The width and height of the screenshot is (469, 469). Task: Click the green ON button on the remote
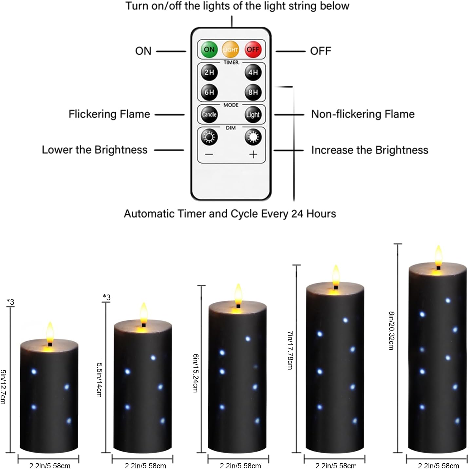(209, 49)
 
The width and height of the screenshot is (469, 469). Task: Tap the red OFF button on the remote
(253, 49)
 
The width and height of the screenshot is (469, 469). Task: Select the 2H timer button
(209, 72)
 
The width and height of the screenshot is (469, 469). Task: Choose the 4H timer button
(253, 72)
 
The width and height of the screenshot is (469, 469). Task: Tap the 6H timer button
(209, 92)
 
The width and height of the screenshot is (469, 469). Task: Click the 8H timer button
(253, 92)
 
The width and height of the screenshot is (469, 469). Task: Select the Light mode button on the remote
(253, 115)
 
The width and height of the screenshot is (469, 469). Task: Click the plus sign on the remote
(253, 154)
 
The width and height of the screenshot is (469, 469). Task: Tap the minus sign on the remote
(209, 154)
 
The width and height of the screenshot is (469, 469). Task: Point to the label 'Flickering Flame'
(109, 114)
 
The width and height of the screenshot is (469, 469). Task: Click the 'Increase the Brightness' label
(369, 150)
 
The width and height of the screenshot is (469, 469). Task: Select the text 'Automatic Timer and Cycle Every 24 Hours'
(230, 214)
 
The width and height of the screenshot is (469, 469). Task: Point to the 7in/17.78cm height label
(290, 350)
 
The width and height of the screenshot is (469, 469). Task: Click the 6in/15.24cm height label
(196, 373)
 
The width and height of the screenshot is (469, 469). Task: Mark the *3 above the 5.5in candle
(106, 297)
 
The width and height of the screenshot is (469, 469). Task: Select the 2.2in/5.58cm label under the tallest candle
(438, 465)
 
